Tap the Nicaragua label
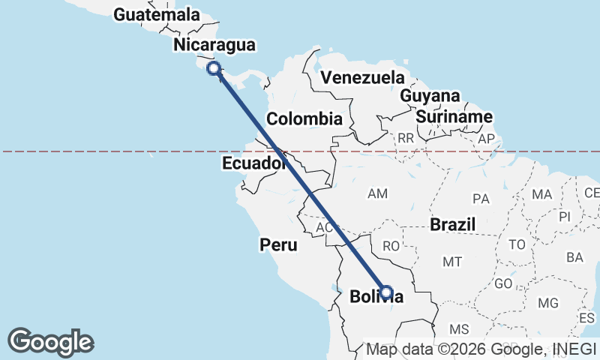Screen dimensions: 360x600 214,46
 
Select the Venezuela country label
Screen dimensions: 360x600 361,78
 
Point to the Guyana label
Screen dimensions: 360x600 430,97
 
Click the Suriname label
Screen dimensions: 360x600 454,117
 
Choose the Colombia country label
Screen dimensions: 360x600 304,118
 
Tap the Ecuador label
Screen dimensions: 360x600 254,163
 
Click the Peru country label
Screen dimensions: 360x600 278,244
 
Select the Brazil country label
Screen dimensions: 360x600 454,224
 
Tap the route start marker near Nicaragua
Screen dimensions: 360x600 214,68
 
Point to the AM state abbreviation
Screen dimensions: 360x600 377,194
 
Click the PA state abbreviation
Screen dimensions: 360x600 481,199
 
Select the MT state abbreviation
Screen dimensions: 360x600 452,262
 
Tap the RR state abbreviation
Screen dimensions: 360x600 406,138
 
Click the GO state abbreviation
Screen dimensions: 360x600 503,285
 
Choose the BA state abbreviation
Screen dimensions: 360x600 575,257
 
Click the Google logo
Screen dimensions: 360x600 51,342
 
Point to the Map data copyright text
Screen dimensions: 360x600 481,349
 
